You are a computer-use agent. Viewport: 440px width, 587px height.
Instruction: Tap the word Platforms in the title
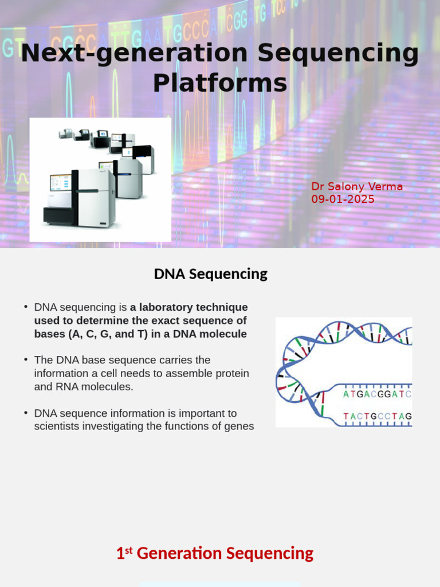click(220, 83)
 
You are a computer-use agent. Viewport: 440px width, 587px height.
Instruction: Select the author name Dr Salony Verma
click(357, 187)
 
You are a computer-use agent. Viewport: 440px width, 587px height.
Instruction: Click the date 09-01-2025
click(343, 199)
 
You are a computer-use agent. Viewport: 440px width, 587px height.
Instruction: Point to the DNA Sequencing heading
click(210, 274)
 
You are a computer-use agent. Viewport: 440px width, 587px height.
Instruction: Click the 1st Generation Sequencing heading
click(215, 554)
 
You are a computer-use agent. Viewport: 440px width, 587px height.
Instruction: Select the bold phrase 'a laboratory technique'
click(188, 307)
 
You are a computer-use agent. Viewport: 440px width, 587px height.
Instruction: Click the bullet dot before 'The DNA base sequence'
click(26, 359)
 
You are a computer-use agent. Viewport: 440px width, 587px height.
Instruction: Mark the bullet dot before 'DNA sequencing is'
click(26, 307)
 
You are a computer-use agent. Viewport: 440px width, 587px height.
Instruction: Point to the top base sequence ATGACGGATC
click(377, 394)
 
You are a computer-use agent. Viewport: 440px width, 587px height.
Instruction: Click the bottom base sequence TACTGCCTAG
click(377, 416)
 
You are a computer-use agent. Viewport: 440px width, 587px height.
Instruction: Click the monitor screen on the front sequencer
click(60, 183)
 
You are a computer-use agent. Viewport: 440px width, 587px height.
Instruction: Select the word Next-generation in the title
click(135, 53)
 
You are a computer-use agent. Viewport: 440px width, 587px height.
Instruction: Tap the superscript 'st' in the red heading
click(129, 550)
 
